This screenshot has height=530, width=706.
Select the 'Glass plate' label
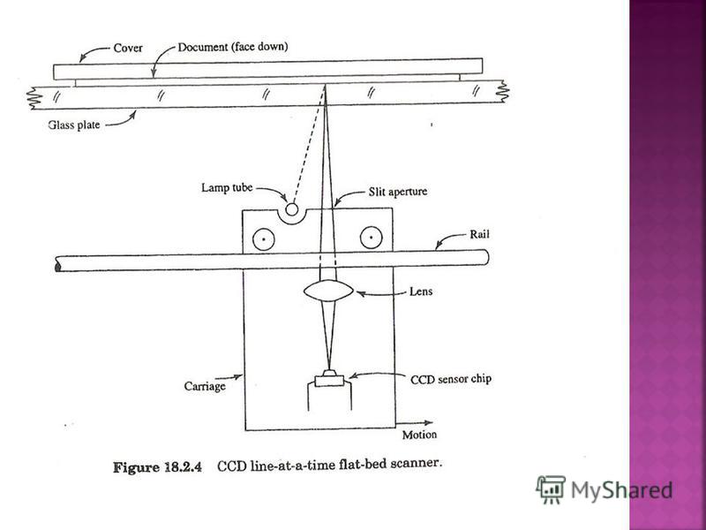pos(77,125)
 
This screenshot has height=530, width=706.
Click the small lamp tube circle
pos(290,209)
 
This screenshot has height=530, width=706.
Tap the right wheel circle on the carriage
pos(371,238)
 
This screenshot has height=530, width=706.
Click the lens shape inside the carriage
pos(328,290)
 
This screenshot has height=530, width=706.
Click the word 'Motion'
pos(419,435)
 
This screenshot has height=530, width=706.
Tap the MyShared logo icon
pos(550,489)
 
